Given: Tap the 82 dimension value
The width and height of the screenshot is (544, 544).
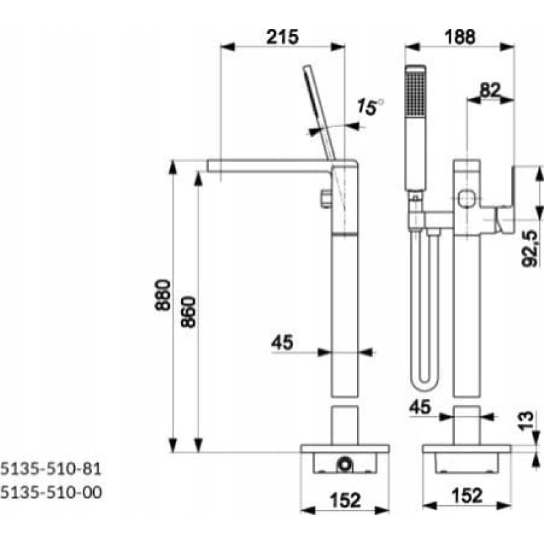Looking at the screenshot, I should click(x=490, y=90).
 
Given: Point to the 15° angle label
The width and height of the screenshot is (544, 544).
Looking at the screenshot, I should click(x=370, y=107).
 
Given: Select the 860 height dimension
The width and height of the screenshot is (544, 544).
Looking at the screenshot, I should click(x=189, y=311).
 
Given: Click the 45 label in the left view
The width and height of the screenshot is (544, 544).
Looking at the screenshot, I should click(x=283, y=343).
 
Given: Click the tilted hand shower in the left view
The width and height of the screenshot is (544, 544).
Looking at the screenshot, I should click(x=318, y=109).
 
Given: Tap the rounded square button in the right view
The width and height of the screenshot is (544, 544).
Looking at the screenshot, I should click(x=467, y=199).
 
